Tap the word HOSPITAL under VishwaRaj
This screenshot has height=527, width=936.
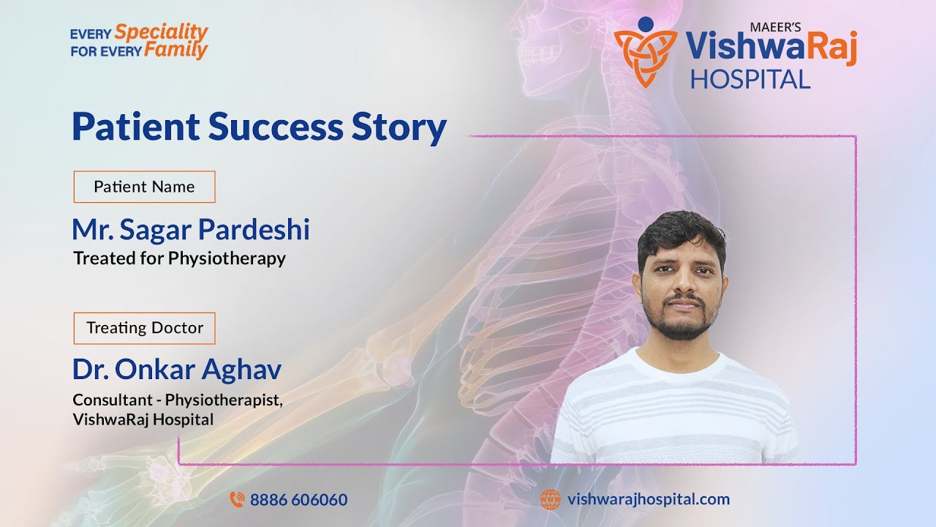(750, 79)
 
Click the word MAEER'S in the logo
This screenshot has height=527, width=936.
(776, 26)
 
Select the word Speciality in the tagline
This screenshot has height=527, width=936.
(162, 32)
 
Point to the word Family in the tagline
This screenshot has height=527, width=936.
(175, 51)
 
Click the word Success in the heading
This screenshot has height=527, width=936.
(276, 127)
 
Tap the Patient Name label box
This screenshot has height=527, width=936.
(144, 187)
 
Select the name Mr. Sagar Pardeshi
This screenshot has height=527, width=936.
(191, 230)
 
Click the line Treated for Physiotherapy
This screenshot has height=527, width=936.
(179, 258)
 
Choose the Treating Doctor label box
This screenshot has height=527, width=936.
(144, 328)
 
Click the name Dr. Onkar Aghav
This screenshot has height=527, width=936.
(176, 370)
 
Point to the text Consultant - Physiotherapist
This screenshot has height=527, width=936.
(177, 400)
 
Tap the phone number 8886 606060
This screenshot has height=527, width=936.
(298, 500)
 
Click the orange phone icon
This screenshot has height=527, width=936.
(237, 500)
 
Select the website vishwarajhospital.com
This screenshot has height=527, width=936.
(648, 499)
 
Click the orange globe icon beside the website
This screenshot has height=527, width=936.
(550, 500)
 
